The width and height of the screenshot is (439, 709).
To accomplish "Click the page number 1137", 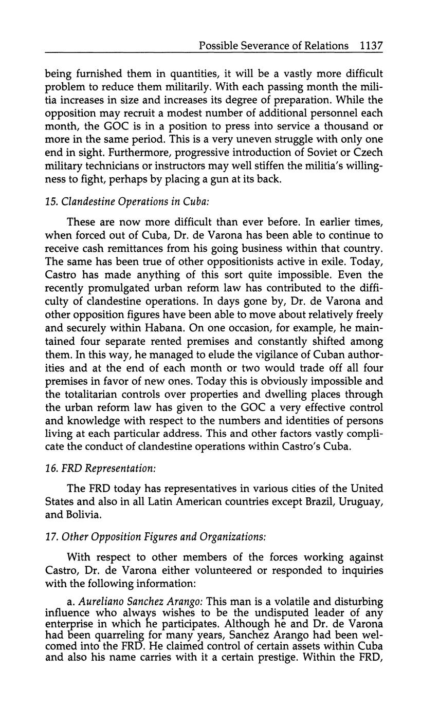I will point(371,46).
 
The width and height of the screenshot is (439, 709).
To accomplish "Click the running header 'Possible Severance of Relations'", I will point(273,46).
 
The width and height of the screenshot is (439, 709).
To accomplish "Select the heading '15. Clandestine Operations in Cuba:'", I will point(127,202).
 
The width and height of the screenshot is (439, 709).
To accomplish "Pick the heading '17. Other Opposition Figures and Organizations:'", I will point(156,537).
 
